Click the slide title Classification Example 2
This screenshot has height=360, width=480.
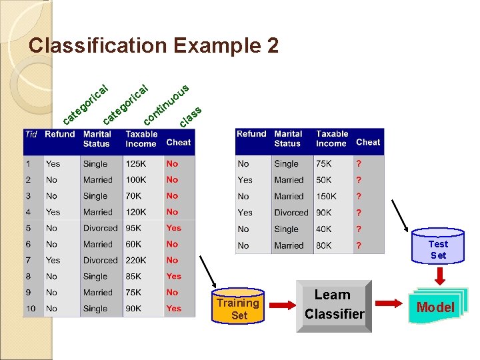click(154, 46)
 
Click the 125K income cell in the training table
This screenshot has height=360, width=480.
click(136, 164)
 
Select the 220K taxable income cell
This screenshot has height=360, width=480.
click(137, 261)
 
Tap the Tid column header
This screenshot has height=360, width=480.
click(31, 134)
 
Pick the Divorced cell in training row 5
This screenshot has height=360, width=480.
click(100, 228)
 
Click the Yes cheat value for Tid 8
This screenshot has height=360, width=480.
click(173, 276)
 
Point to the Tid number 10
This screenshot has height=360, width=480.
click(31, 309)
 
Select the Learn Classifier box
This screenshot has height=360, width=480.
click(334, 304)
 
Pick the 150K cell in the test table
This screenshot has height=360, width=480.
click(327, 197)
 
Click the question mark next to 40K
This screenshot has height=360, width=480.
click(359, 229)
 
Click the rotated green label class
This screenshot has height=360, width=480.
click(191, 117)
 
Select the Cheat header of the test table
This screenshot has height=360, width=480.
click(368, 142)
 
